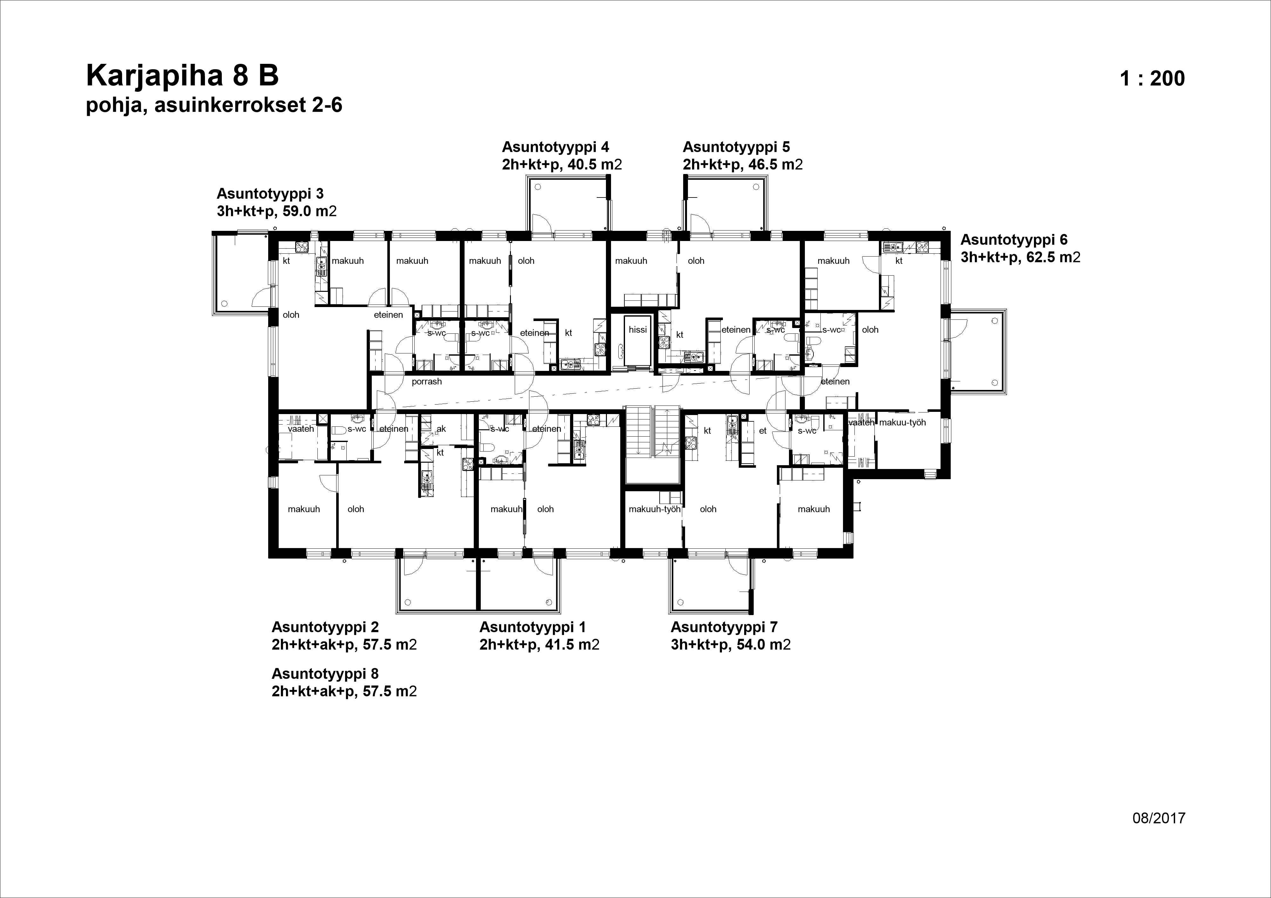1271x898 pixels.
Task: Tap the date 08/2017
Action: (x=1159, y=818)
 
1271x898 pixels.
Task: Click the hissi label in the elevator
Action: (x=638, y=330)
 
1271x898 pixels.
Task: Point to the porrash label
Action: (x=427, y=382)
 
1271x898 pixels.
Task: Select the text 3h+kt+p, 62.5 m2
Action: (x=1020, y=257)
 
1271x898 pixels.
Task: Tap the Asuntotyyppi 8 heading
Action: (x=325, y=673)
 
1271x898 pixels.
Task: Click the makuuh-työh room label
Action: (x=654, y=509)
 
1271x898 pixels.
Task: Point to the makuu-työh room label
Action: (x=902, y=423)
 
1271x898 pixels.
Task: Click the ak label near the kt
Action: (x=441, y=429)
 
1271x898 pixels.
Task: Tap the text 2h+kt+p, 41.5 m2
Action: (x=539, y=645)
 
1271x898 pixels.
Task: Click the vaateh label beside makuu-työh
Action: (x=861, y=423)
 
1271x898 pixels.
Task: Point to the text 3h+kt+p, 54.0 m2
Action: (x=730, y=645)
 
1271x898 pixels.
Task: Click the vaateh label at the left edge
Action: (x=301, y=429)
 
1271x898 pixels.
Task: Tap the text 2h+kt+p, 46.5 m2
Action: (x=742, y=164)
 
